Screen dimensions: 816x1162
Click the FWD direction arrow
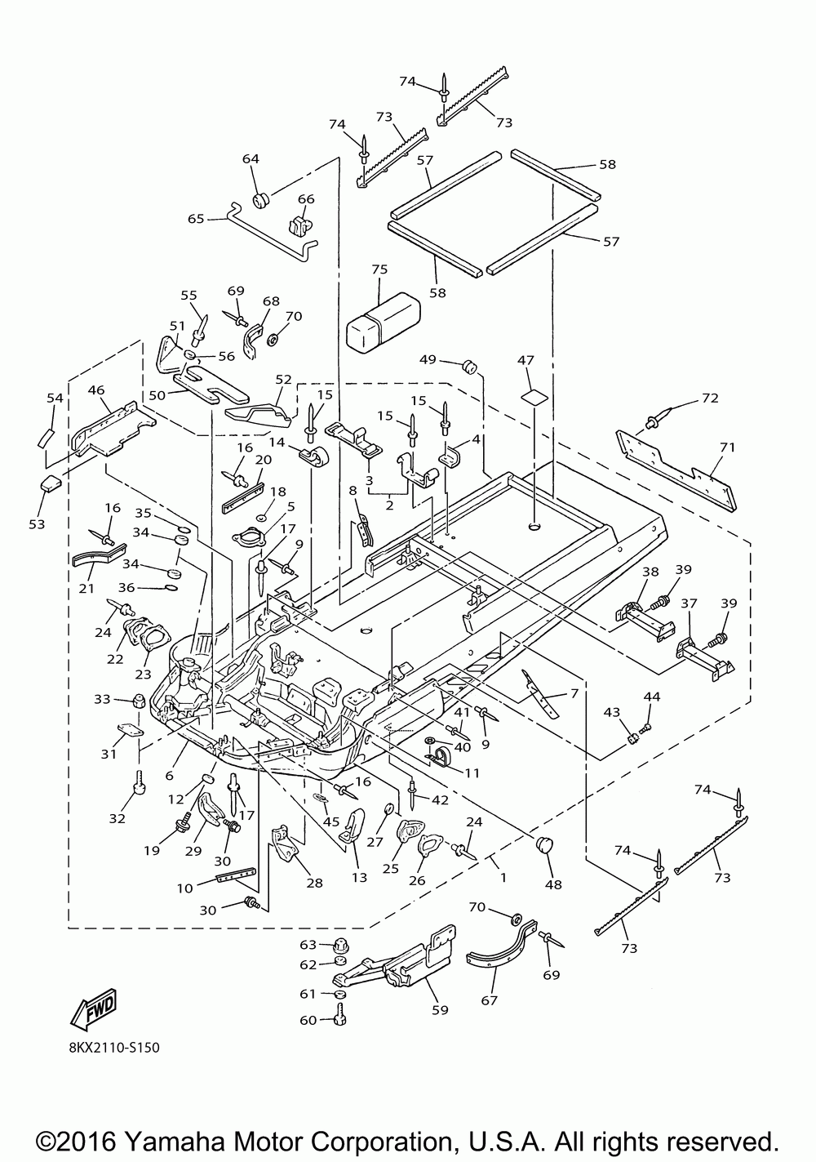pos(94,1009)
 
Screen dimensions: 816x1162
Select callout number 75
pos(379,269)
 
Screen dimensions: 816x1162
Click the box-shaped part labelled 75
pos(383,323)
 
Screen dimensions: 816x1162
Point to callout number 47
pos(526,360)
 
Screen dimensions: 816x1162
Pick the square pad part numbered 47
pos(534,398)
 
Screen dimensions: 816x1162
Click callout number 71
pos(728,447)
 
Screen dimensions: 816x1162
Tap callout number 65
pos(196,219)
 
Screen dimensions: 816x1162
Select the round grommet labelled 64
pos(262,199)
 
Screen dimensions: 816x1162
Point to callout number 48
pos(554,884)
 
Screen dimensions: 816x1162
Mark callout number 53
pos(37,524)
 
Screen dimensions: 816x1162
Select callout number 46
pos(96,390)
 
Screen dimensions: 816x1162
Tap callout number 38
pos(650,571)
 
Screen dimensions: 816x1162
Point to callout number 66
pos(306,199)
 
